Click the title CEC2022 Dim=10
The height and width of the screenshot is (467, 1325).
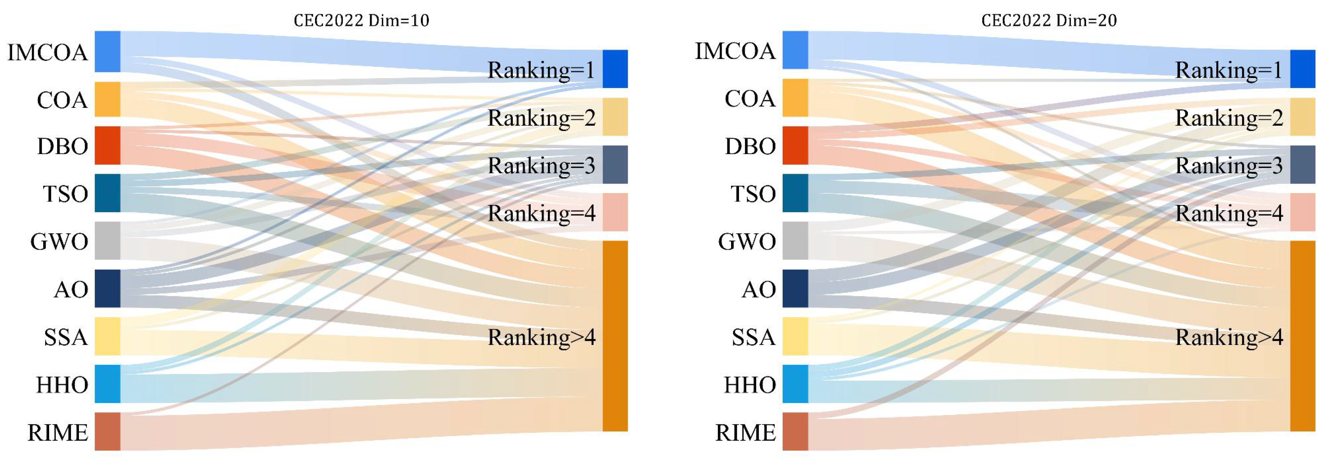point(361,21)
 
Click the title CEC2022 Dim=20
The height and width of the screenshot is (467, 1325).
point(1049,21)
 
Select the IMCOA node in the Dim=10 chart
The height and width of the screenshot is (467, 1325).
point(108,51)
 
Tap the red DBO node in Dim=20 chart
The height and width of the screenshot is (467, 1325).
point(795,145)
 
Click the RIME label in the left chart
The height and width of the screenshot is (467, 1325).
point(57,432)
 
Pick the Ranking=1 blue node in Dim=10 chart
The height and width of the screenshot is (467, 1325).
point(615,69)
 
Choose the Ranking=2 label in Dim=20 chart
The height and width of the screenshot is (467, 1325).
point(1229,118)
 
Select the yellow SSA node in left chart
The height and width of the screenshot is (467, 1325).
point(108,336)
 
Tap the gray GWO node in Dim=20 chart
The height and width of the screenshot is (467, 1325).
point(795,241)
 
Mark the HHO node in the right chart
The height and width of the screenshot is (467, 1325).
point(795,384)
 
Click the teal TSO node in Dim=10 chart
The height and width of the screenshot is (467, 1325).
point(108,193)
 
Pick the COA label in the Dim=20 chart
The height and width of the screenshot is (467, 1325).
point(750,98)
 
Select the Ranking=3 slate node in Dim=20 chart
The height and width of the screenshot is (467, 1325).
point(1302,164)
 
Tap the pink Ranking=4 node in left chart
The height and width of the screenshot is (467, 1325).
point(615,212)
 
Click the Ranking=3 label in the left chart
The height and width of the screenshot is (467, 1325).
point(541,165)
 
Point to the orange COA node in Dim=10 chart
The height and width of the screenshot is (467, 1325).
point(108,99)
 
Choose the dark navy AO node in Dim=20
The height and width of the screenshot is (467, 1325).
point(795,288)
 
